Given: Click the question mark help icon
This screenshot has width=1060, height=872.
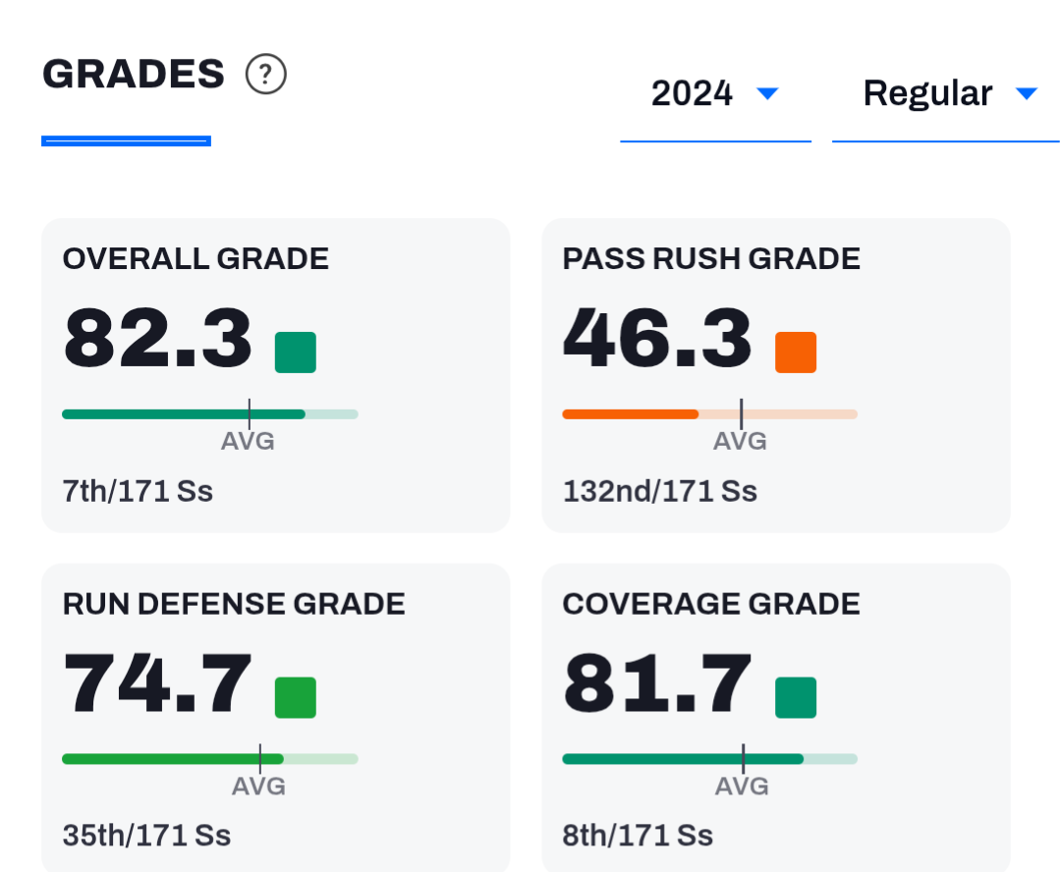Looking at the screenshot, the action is click(265, 74).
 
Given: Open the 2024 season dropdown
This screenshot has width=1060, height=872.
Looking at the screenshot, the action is click(715, 93).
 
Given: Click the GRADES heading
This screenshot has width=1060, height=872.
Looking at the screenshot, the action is click(134, 74).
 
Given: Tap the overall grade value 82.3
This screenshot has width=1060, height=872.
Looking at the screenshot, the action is click(157, 337).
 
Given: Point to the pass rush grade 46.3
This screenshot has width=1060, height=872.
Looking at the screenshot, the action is click(657, 337).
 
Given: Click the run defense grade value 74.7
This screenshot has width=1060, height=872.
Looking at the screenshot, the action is click(157, 682).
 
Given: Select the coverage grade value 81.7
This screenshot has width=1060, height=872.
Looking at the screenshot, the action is click(657, 682).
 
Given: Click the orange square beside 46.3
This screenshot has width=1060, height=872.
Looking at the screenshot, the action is click(796, 353).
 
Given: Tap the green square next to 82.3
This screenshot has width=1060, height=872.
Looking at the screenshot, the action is click(296, 353).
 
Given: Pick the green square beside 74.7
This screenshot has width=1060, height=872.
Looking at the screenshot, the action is click(296, 697).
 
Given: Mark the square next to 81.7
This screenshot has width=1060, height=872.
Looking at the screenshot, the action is click(796, 697).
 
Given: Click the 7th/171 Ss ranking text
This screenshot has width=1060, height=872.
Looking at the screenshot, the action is click(138, 491).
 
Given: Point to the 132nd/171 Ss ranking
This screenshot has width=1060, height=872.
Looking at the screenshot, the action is click(660, 491).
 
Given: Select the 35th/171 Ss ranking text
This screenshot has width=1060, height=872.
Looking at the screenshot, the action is click(146, 837).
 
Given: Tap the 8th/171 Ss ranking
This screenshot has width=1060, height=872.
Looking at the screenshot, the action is click(638, 837).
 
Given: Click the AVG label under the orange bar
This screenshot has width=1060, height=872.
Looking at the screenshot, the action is click(741, 442).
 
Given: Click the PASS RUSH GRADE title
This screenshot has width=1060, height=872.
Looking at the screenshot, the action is click(711, 259).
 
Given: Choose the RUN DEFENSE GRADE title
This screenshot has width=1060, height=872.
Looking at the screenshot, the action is click(234, 604).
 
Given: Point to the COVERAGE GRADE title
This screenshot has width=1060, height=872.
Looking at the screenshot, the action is click(711, 604).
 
